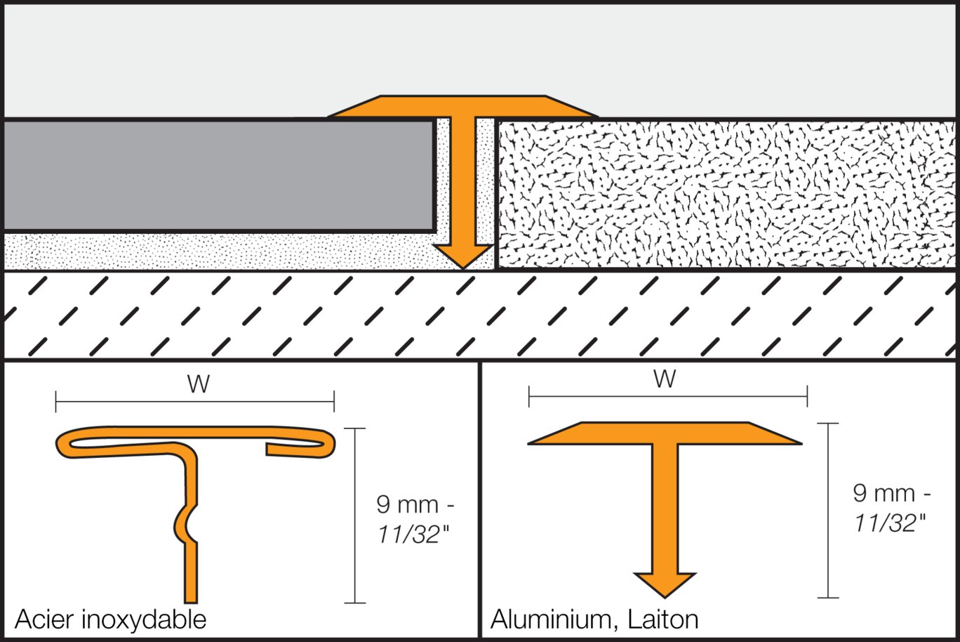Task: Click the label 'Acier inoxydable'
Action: [x=110, y=620]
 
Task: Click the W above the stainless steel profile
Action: [x=198, y=385]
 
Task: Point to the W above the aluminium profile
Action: [x=665, y=379]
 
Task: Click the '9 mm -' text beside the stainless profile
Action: [x=415, y=504]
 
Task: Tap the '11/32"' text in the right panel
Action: [x=889, y=523]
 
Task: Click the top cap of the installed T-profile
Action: [x=462, y=106]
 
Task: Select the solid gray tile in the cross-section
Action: [x=218, y=176]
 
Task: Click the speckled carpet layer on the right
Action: [x=723, y=193]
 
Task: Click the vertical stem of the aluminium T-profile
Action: [x=665, y=506]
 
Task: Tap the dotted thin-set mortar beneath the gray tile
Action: [x=211, y=251]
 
